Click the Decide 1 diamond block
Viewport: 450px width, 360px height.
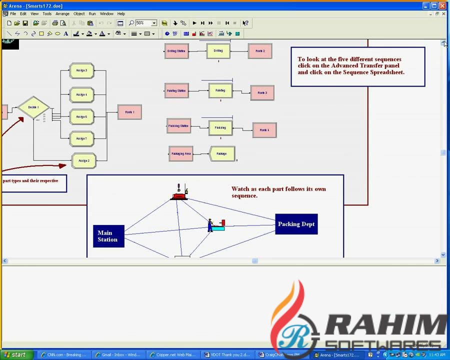tap(33, 107)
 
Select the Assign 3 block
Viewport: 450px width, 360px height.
tap(82, 70)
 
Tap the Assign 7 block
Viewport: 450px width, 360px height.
tap(82, 138)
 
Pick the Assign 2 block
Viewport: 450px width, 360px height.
tap(84, 160)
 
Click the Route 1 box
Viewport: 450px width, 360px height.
tap(129, 112)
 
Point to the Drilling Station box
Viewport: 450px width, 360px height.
tap(176, 51)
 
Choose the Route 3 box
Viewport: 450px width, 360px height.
tap(262, 92)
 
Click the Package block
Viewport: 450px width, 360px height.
tap(222, 153)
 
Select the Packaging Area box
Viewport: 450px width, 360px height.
tap(181, 153)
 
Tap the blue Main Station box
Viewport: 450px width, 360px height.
tap(108, 236)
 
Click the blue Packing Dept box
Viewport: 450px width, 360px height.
tap(296, 224)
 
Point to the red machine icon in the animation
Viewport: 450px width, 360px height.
tap(179, 192)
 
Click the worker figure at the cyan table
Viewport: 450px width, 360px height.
tap(210, 225)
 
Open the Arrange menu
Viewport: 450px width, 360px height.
tap(62, 13)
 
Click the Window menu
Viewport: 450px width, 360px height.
tap(106, 13)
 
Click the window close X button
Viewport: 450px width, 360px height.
tap(442, 5)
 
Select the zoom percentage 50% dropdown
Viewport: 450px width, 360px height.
tap(146, 23)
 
